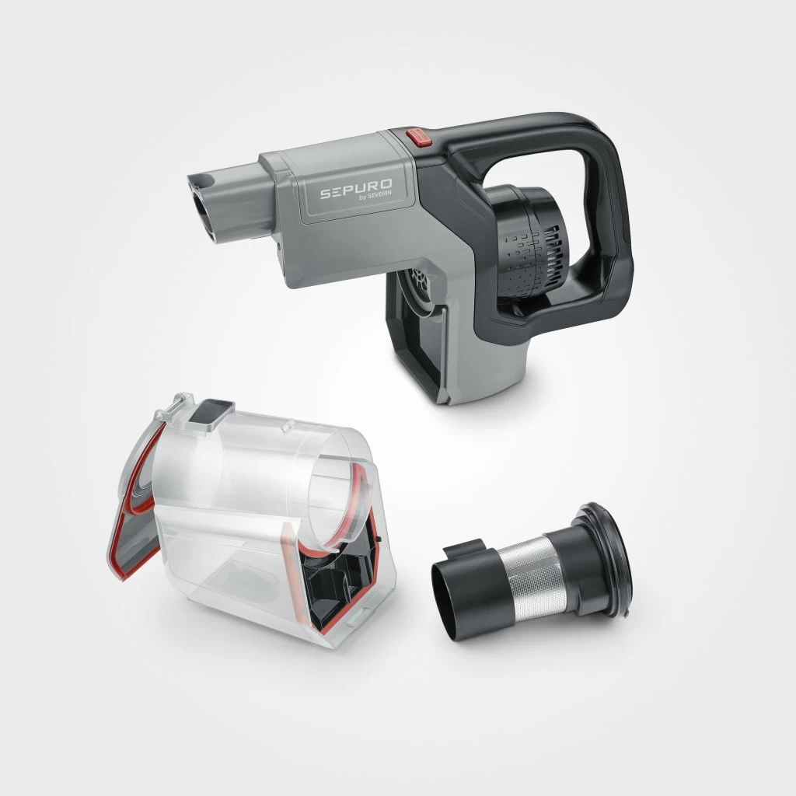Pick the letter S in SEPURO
[326, 192]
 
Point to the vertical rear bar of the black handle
[618, 225]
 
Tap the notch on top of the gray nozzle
[208, 181]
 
